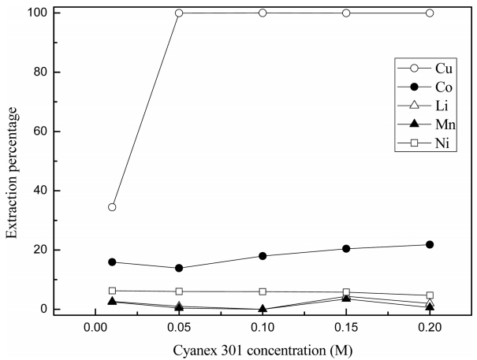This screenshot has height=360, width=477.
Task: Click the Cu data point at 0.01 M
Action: [112, 207]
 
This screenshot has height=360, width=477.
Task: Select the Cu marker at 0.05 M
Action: [179, 13]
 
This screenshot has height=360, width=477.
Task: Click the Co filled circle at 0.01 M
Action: [112, 262]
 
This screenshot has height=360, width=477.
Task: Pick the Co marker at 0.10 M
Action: [263, 256]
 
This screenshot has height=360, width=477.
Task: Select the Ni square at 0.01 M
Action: [112, 291]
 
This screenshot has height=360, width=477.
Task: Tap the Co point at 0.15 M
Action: [346, 249]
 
